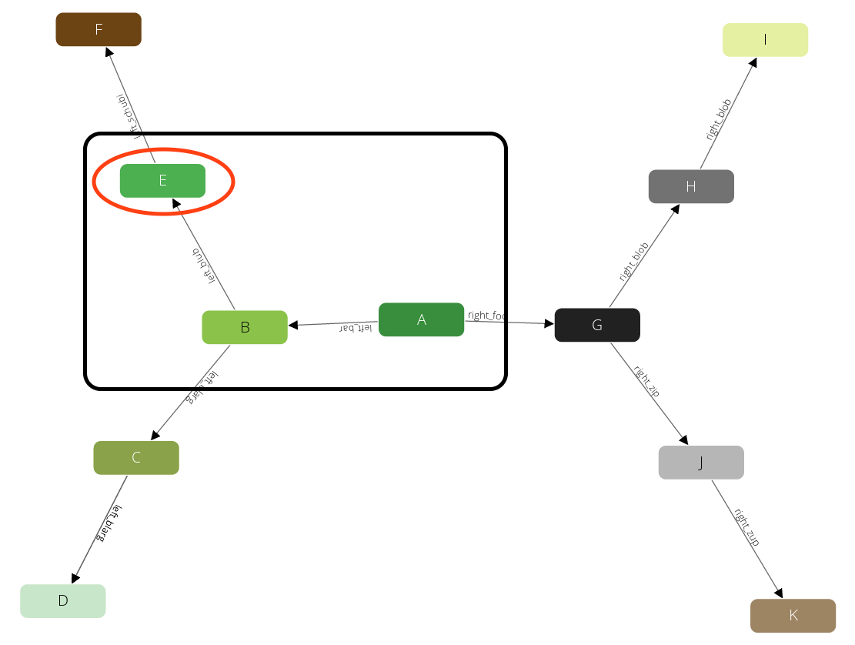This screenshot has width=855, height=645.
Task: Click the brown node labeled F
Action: click(x=99, y=29)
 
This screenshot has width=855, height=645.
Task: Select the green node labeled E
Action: click(x=162, y=181)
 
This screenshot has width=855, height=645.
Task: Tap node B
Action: click(x=245, y=327)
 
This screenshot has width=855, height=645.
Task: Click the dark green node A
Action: click(x=421, y=319)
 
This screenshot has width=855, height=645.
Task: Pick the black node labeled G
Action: click(x=597, y=325)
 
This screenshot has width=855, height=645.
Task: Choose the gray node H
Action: click(x=691, y=186)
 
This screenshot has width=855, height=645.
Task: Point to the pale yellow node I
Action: click(x=765, y=40)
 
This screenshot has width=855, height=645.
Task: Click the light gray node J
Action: click(x=701, y=463)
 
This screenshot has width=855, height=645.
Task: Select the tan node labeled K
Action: click(x=793, y=615)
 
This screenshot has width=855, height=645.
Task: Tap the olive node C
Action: click(x=136, y=458)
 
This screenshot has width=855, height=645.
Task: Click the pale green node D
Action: click(x=63, y=601)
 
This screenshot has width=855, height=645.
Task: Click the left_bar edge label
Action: click(x=356, y=329)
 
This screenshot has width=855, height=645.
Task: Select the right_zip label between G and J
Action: click(x=647, y=381)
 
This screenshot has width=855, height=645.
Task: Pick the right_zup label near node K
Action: click(x=746, y=527)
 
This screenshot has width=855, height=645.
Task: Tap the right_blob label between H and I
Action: click(x=719, y=119)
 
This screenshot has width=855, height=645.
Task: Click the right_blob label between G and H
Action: click(x=634, y=262)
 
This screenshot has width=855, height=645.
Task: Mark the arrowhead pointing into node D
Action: click(x=75, y=578)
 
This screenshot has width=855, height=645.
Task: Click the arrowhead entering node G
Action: click(x=549, y=323)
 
